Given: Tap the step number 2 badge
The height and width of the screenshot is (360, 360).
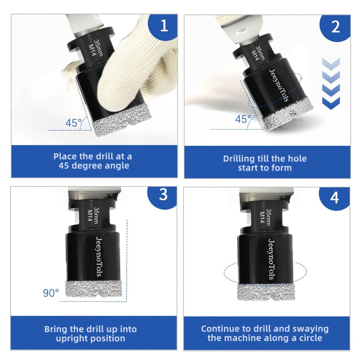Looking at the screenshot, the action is pos(336,27).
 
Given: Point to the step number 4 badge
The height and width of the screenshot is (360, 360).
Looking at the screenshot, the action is pos(335,197).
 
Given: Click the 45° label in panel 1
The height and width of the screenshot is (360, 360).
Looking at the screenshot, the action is pos(74,123).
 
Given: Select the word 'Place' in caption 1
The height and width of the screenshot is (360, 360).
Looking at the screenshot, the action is pos(65,157).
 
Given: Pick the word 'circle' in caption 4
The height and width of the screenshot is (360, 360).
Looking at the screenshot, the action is pos(311,338).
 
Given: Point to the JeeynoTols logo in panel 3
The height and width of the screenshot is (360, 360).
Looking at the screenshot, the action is pos(99,256).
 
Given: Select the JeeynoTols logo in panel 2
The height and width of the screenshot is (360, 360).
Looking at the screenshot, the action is pos(279,85).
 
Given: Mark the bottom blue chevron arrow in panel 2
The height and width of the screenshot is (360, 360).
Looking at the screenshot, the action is pos(331,103).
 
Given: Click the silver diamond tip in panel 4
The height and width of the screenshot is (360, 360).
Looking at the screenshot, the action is pos(266,292).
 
